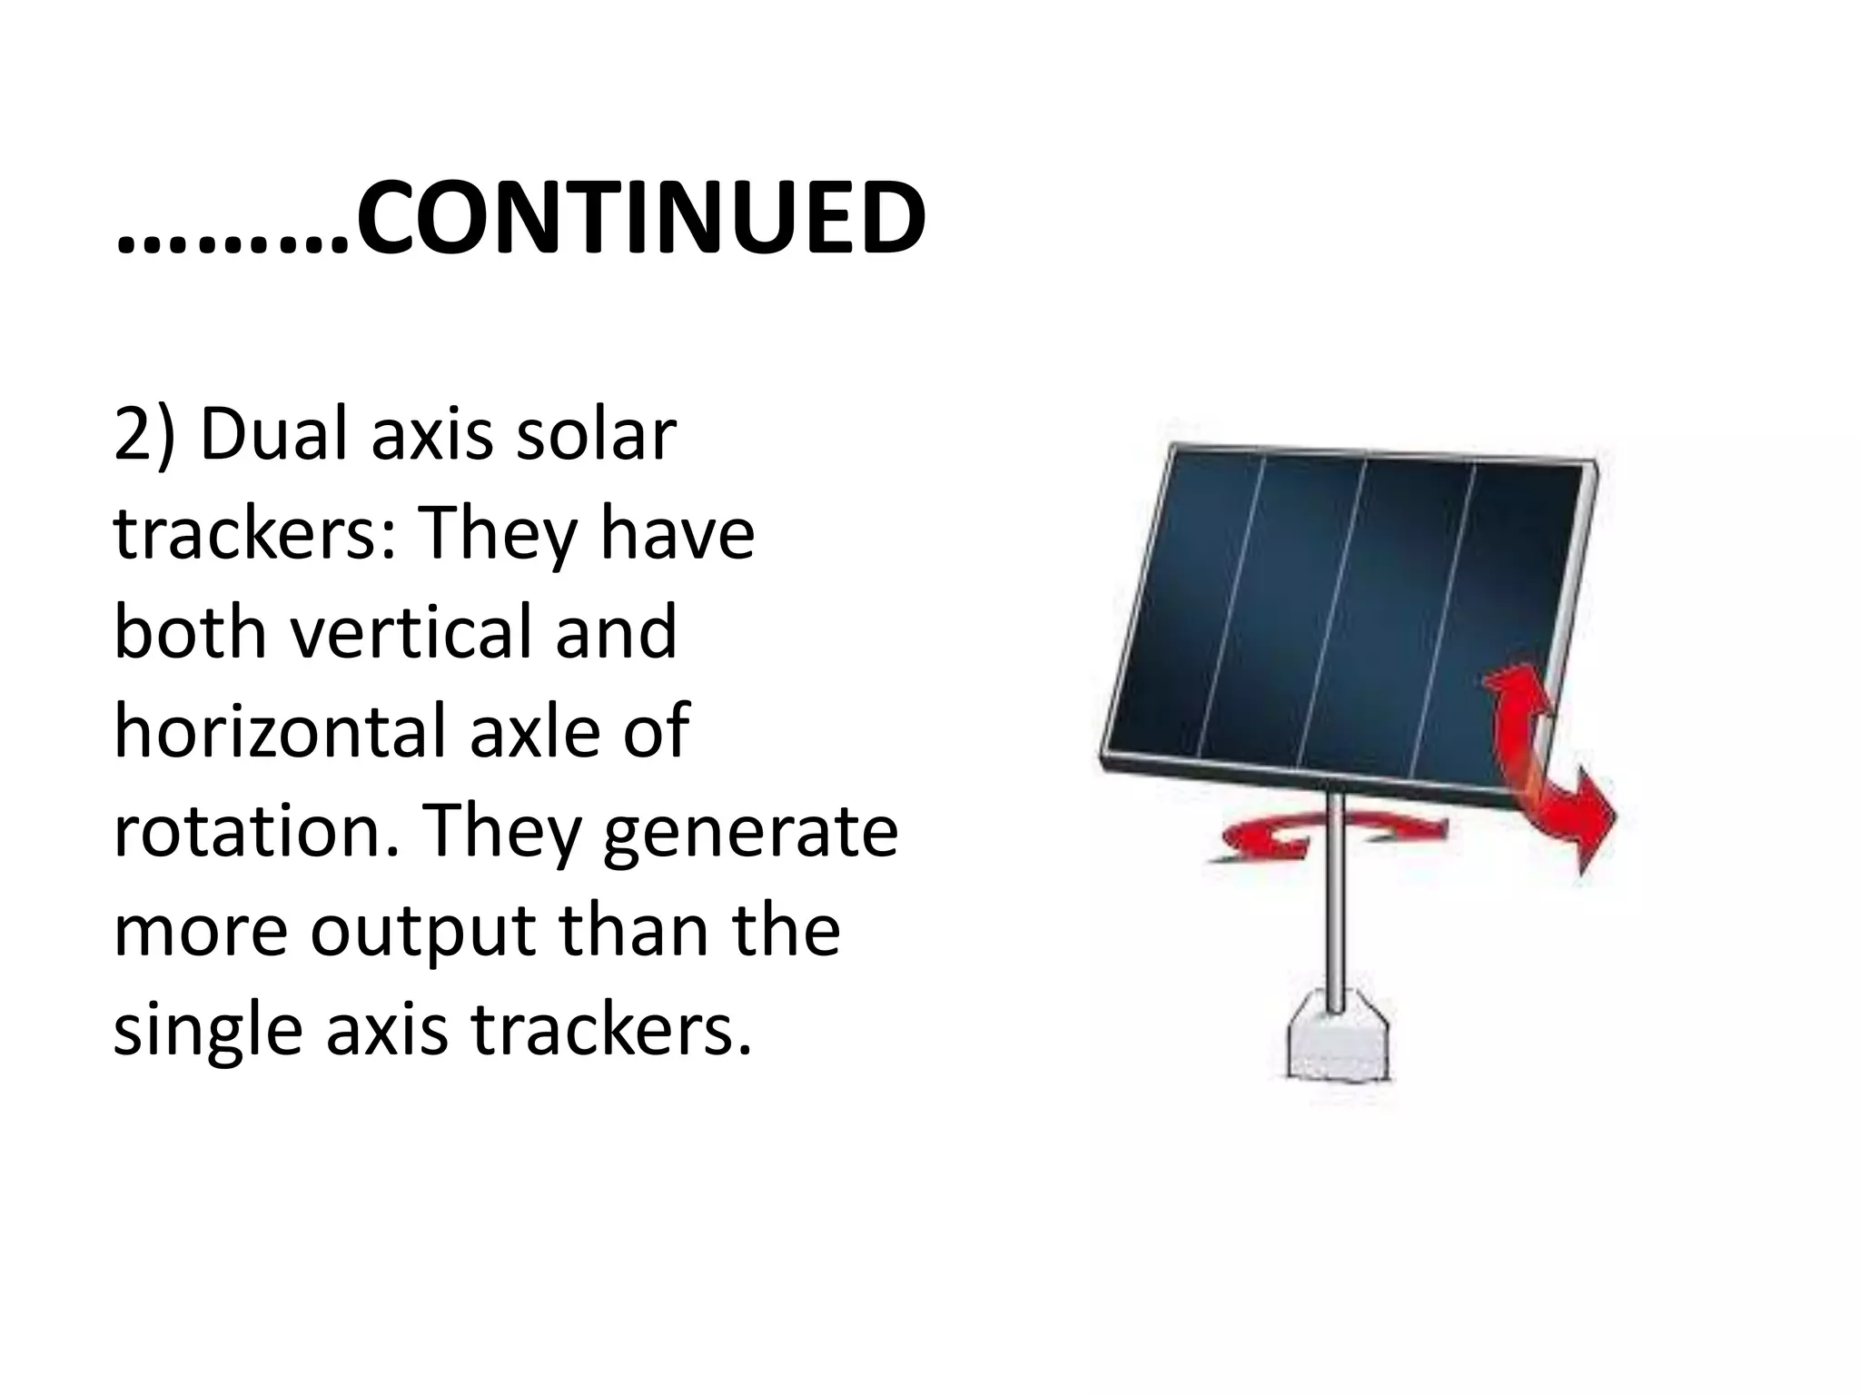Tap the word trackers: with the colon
point(254,534)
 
